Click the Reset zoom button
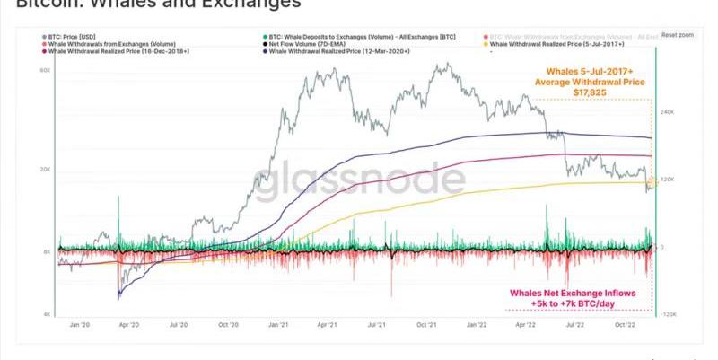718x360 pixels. pyautogui.click(x=678, y=34)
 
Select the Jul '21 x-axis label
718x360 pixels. pyautogui.click(x=377, y=325)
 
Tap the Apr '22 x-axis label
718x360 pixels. pyautogui.click(x=523, y=325)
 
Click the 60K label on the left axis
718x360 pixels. pyautogui.click(x=44, y=70)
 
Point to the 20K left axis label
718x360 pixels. pyautogui.click(x=44, y=169)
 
